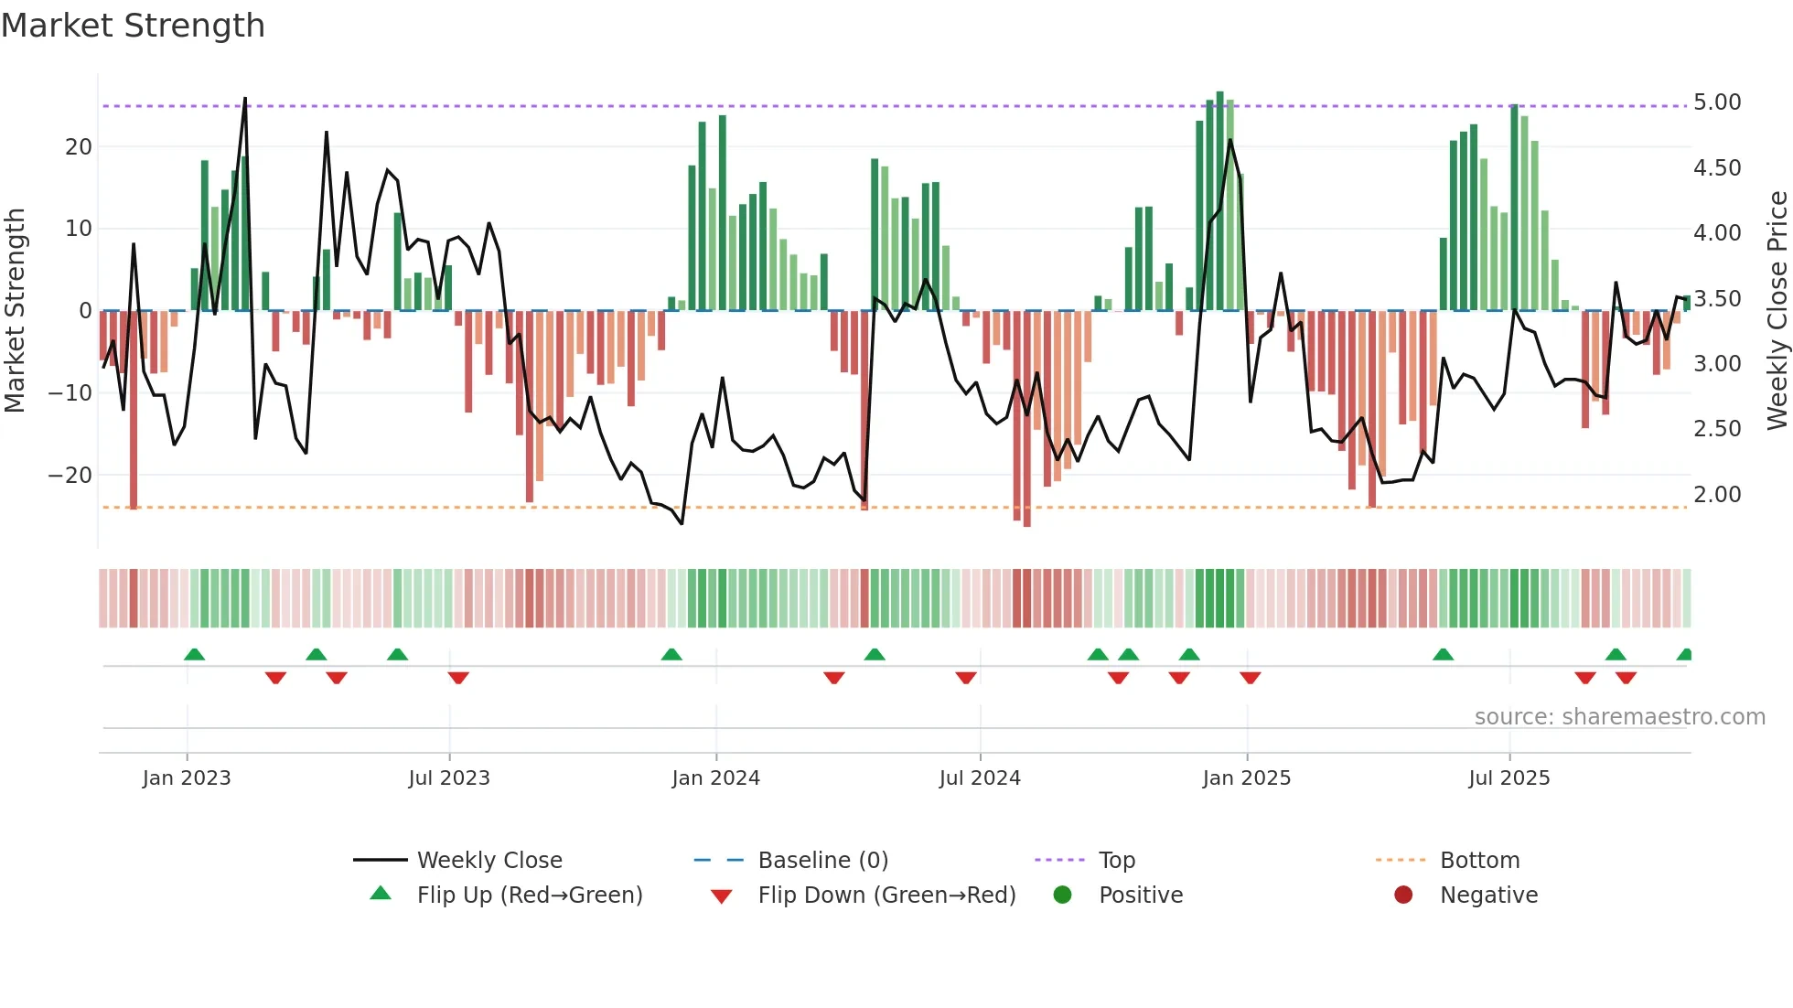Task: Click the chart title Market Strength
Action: pos(133,26)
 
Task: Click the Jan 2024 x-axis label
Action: pos(715,778)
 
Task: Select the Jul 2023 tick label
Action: pos(449,778)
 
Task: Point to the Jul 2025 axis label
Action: pos(1509,778)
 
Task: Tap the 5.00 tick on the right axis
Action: pos(1717,102)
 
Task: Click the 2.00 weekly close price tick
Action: pos(1717,495)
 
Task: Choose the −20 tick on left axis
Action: pos(70,476)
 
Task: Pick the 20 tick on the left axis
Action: pos(79,147)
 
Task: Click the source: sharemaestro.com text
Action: pos(1619,717)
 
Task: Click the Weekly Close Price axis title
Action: pos(1777,310)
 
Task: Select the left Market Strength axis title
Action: pos(16,310)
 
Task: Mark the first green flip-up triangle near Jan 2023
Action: pos(194,654)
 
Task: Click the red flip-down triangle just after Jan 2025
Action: pos(1251,678)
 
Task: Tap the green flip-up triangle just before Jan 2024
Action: pos(671,654)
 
